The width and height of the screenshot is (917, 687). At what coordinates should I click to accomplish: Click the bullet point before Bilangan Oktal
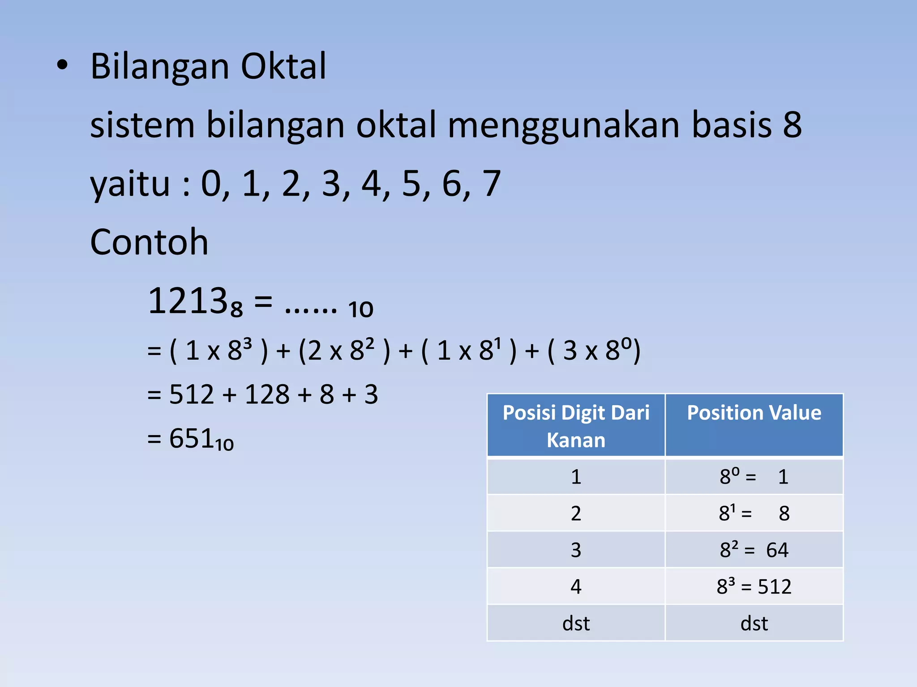coord(62,66)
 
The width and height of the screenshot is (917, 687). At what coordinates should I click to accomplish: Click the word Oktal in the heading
coord(283,66)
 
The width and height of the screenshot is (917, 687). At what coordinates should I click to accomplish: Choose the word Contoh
coord(149,242)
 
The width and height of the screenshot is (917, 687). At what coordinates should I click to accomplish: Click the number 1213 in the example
coord(188,301)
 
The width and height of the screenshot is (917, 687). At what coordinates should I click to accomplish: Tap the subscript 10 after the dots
coord(360,310)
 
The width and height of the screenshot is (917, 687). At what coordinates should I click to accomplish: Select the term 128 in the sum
coord(267,394)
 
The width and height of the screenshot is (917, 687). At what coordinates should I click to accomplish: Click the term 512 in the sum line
coord(192,394)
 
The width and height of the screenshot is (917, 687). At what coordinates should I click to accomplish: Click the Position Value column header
coord(754,413)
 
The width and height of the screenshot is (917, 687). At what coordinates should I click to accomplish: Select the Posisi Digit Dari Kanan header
coord(576,426)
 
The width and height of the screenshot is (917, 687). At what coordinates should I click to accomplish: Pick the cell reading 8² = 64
coord(754,550)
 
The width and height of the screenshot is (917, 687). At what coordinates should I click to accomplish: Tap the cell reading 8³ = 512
coord(754,586)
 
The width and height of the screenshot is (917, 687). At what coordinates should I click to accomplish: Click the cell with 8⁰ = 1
coord(754,477)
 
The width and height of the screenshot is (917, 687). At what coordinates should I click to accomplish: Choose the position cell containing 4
coord(576,586)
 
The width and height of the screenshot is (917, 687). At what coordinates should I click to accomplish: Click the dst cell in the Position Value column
coord(754,623)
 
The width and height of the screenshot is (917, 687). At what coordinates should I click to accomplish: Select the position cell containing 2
coord(576,513)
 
